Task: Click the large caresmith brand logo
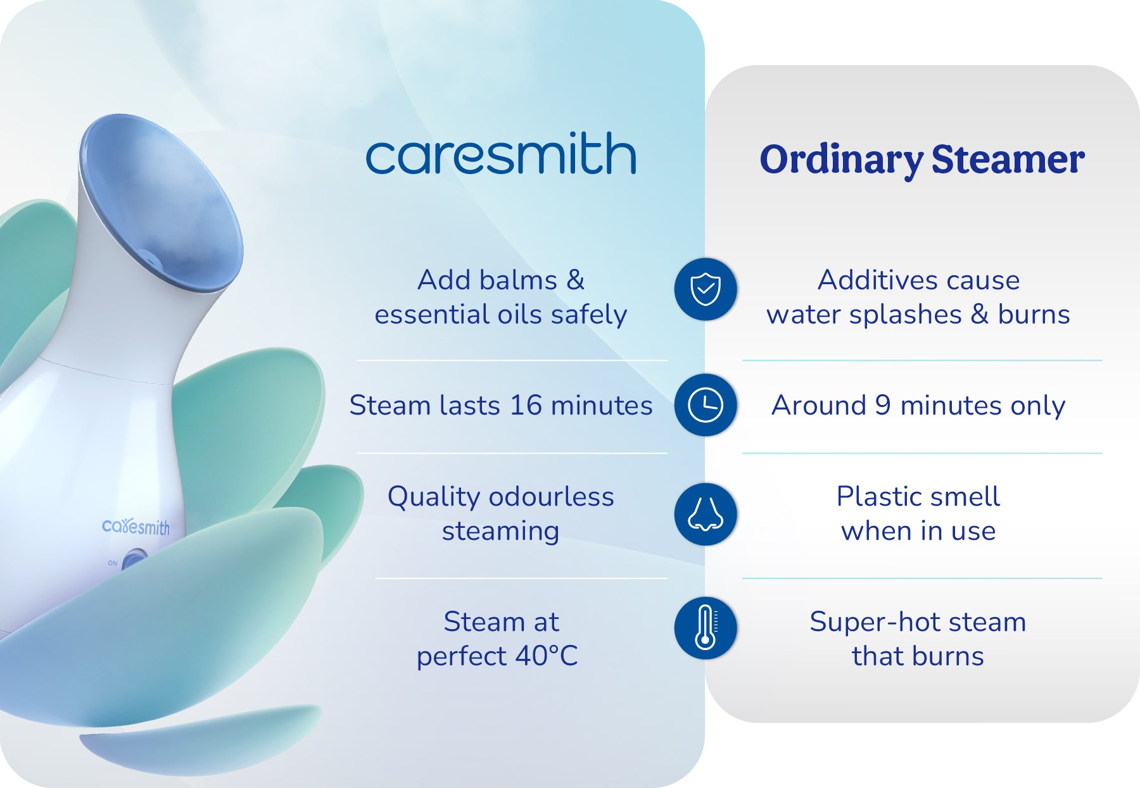coord(500,155)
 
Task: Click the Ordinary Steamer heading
coord(921,159)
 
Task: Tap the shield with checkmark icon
coord(705,289)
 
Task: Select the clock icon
coord(705,405)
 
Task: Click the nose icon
coord(705,514)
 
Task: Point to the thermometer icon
coord(705,628)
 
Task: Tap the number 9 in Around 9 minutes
coord(882,406)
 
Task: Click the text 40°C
coord(546,656)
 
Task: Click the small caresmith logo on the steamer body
coord(136,527)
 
